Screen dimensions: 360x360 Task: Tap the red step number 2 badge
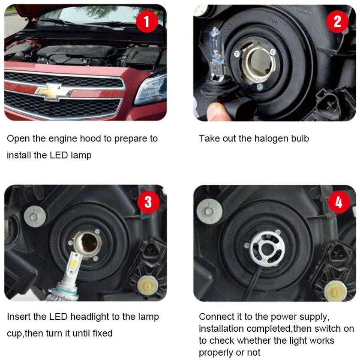point(338,21)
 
